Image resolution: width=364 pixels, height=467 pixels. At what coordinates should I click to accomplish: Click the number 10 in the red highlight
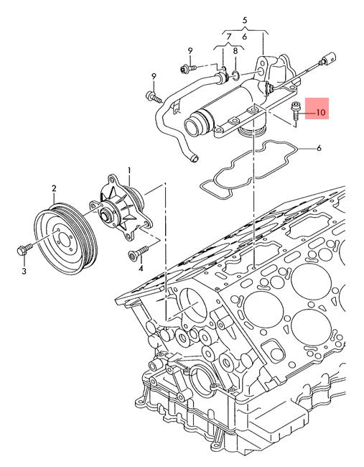[321, 113]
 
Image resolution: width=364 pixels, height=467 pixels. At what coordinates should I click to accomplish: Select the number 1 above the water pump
[129, 170]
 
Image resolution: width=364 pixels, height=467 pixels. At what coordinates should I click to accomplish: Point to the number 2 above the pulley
[54, 188]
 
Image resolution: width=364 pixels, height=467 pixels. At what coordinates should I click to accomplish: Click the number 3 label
[24, 272]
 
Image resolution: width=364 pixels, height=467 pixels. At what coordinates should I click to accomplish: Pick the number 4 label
[141, 269]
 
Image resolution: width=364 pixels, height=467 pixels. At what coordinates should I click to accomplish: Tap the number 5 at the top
[245, 21]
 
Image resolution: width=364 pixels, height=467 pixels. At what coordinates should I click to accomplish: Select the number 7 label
[228, 37]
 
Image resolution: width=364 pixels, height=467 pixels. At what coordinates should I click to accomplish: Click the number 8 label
[235, 51]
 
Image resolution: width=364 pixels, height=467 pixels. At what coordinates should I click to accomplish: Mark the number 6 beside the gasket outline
[319, 148]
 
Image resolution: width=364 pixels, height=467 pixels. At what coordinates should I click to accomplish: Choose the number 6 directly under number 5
[245, 37]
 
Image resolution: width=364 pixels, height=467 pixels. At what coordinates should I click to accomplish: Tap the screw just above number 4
[138, 253]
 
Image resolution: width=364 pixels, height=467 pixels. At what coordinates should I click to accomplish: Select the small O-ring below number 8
[235, 75]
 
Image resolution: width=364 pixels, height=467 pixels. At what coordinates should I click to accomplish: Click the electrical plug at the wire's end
[329, 57]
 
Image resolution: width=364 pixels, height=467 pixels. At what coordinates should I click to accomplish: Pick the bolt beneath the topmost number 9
[187, 69]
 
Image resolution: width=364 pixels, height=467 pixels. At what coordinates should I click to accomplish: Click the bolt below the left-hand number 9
[154, 97]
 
